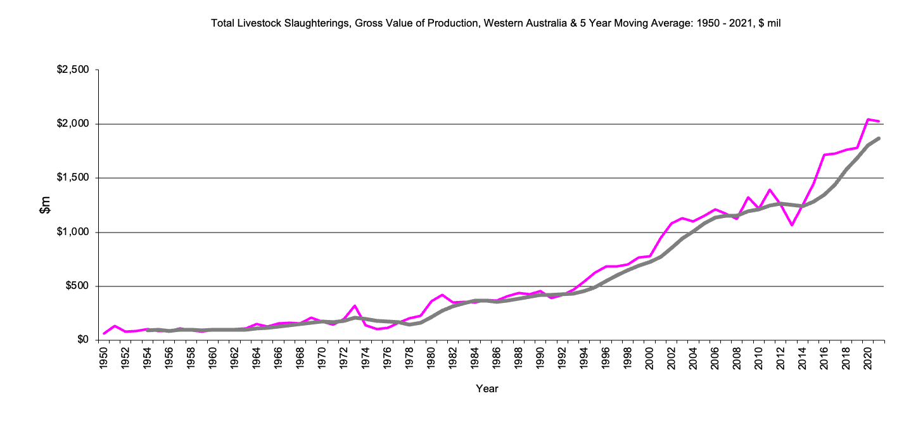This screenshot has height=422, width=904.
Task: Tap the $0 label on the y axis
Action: coord(82,341)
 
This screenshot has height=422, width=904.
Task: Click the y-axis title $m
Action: coord(45,205)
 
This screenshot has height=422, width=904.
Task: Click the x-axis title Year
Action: coord(487,389)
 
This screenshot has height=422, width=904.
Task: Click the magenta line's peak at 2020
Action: coord(867,119)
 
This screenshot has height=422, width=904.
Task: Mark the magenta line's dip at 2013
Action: coord(791,225)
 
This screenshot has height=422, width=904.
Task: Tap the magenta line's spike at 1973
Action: coord(355,306)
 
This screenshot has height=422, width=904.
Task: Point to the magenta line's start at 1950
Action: coord(104,333)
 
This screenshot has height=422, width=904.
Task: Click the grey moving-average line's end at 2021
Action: coord(879,138)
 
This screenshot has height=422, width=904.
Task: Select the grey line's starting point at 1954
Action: coord(148,330)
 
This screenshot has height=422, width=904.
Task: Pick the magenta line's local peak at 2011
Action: coord(769,189)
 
